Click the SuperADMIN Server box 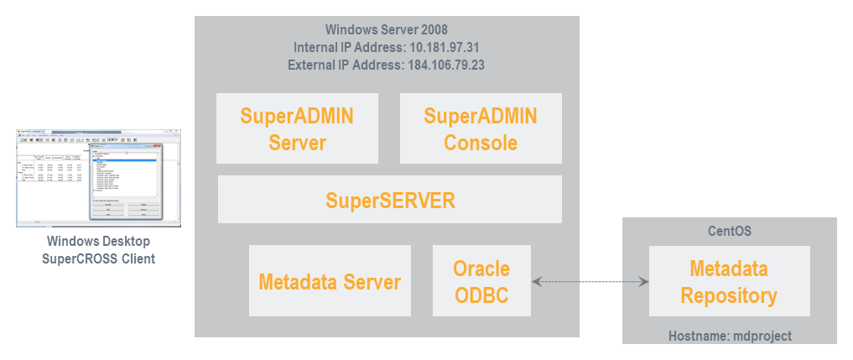coord(297,128)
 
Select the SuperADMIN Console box coord(481,128)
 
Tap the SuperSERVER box coord(390,200)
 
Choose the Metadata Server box coord(330,281)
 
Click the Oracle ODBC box coord(481,281)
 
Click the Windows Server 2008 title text coord(387,29)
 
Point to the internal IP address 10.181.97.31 coord(445,47)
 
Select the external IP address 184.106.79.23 coord(446,65)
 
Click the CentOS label coord(729,229)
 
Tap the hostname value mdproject coord(760,336)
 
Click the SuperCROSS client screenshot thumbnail coord(98,177)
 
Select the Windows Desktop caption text coord(98,242)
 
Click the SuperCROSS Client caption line coord(98,258)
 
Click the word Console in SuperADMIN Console coord(481,142)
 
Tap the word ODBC coord(481,295)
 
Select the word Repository coord(729,295)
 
